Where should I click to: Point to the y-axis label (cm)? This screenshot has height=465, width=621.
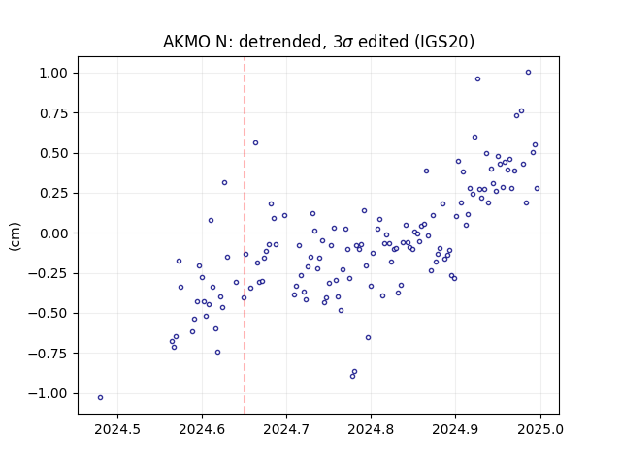pyautogui.click(x=15, y=235)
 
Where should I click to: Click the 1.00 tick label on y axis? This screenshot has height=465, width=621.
pyautogui.click(x=53, y=74)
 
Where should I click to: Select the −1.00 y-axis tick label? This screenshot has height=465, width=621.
pyautogui.click(x=48, y=393)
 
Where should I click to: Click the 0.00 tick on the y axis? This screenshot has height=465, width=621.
pyautogui.click(x=53, y=233)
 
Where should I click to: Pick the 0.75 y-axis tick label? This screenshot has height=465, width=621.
pyautogui.click(x=53, y=113)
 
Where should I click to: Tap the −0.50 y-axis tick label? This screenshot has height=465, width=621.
pyautogui.click(x=48, y=314)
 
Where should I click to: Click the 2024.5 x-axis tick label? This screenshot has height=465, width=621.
pyautogui.click(x=117, y=429)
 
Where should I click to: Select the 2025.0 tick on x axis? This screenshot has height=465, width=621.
pyautogui.click(x=540, y=429)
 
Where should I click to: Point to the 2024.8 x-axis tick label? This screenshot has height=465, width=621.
pyautogui.click(x=371, y=429)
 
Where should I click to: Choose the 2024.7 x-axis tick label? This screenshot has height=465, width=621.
pyautogui.click(x=286, y=429)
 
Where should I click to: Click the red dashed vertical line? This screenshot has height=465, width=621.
pyautogui.click(x=245, y=235)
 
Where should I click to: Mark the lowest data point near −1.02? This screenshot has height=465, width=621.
pyautogui.click(x=100, y=397)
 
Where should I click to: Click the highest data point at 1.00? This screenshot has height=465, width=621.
pyautogui.click(x=528, y=73)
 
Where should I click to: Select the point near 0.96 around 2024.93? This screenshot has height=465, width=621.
pyautogui.click(x=478, y=79)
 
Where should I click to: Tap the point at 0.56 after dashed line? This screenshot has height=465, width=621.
pyautogui.click(x=255, y=142)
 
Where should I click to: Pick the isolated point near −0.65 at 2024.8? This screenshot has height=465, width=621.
pyautogui.click(x=369, y=338)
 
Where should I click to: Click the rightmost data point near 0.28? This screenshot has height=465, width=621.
pyautogui.click(x=537, y=189)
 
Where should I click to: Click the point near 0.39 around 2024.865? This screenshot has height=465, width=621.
pyautogui.click(x=427, y=171)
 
